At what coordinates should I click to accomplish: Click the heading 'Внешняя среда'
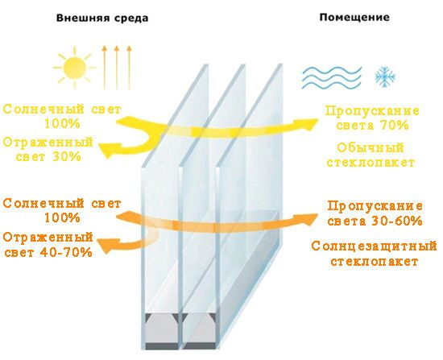[102, 18]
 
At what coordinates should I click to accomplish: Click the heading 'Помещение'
[354, 18]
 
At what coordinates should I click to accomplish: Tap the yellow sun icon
[74, 68]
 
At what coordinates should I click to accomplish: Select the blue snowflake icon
[385, 77]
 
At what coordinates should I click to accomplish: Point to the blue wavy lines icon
[332, 77]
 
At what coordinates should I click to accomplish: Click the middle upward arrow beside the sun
[117, 68]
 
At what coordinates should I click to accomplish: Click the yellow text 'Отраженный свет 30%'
[48, 149]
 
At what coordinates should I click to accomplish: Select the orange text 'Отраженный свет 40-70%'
[48, 245]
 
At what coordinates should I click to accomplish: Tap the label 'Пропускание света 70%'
[372, 118]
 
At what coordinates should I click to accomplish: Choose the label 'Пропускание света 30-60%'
[375, 213]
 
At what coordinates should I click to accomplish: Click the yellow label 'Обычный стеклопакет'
[371, 155]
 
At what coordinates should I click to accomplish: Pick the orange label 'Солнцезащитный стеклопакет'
[374, 254]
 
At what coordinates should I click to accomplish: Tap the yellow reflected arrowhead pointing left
[107, 150]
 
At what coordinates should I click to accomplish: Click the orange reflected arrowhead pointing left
[106, 245]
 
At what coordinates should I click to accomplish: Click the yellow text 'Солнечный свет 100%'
[62, 117]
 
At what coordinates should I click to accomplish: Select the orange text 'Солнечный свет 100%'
[62, 211]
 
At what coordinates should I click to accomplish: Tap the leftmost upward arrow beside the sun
[104, 68]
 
